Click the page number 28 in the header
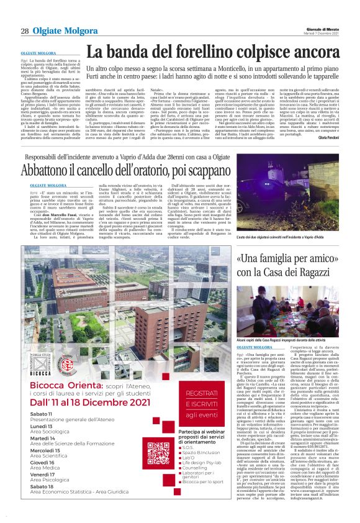(25, 31)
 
